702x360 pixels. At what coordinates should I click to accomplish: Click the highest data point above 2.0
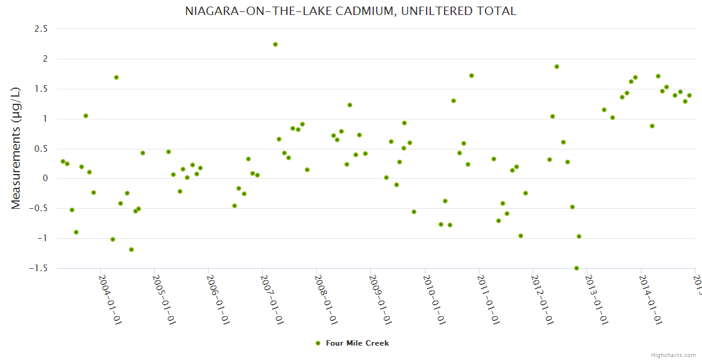[275, 44]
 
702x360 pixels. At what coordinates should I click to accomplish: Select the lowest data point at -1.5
[577, 268]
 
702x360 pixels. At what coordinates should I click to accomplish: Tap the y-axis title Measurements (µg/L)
[16, 148]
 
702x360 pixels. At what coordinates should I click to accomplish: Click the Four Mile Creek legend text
[358, 343]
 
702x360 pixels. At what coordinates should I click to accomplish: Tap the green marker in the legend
[317, 343]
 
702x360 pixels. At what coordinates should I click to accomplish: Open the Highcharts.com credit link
[673, 355]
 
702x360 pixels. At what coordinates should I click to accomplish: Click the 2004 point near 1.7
[116, 77]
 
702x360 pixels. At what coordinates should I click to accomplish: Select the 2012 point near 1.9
[557, 67]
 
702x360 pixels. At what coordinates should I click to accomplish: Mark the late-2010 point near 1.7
[472, 76]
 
